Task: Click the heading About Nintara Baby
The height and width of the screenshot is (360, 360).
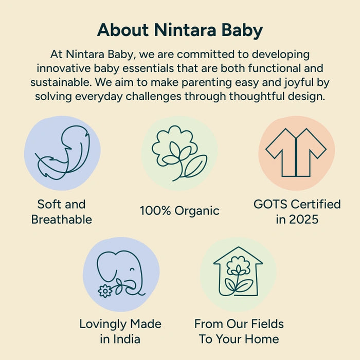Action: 180,30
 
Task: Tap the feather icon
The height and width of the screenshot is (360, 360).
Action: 62,153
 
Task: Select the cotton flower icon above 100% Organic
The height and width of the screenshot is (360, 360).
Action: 179,153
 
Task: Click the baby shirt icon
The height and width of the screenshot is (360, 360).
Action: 296,153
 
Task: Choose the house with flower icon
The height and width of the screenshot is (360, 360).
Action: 238,273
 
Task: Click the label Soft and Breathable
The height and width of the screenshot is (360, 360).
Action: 62,212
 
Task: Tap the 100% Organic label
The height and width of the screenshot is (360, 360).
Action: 179,210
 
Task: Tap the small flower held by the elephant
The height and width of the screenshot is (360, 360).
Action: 105,291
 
